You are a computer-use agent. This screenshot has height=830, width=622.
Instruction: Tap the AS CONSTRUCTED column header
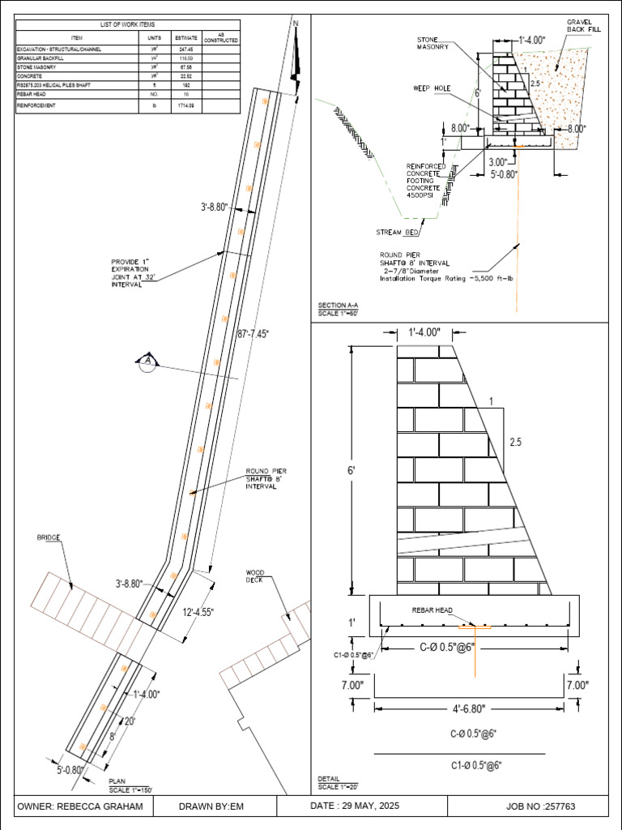click(220, 37)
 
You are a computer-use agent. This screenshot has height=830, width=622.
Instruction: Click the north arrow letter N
click(296, 24)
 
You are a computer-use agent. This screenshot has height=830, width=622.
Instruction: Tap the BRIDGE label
click(49, 537)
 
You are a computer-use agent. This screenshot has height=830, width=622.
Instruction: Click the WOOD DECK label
click(255, 576)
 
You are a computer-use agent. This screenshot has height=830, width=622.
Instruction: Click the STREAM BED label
click(398, 233)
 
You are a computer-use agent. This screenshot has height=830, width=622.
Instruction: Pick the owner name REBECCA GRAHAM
click(80, 806)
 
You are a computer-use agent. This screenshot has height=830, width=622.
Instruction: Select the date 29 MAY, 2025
click(355, 806)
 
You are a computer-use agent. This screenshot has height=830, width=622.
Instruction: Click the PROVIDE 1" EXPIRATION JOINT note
click(134, 273)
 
